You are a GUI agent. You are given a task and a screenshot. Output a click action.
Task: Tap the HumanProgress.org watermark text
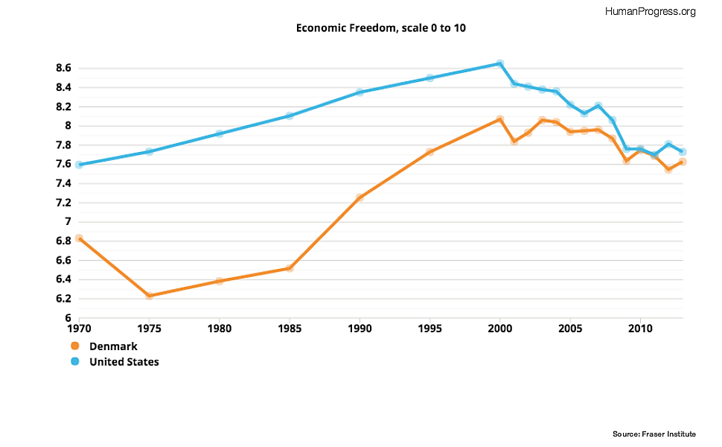click(651, 11)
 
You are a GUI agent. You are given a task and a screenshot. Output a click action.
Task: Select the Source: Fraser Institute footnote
click(654, 434)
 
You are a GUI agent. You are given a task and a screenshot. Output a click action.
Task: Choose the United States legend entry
click(124, 362)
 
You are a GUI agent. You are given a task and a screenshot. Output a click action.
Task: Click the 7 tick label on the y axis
click(67, 222)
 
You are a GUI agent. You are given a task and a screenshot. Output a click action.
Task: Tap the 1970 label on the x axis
click(79, 328)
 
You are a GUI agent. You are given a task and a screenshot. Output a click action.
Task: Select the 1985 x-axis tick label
click(290, 328)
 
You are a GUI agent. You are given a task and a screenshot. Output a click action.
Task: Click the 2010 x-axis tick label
click(640, 328)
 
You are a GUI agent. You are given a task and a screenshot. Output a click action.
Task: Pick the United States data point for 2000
click(500, 63)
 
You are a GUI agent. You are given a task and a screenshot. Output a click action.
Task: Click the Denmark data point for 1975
click(149, 296)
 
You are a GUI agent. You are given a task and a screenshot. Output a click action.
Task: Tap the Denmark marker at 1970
click(79, 238)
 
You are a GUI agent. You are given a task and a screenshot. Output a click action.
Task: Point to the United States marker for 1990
click(360, 92)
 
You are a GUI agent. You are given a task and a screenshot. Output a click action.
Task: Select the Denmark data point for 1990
click(360, 197)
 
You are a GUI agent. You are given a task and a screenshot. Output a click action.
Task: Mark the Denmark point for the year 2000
click(500, 119)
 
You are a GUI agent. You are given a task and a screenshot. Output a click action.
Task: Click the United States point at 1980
click(220, 133)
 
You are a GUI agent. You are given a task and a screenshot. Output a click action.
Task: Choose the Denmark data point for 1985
click(290, 268)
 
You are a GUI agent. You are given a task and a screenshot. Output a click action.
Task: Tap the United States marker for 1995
click(429, 77)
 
